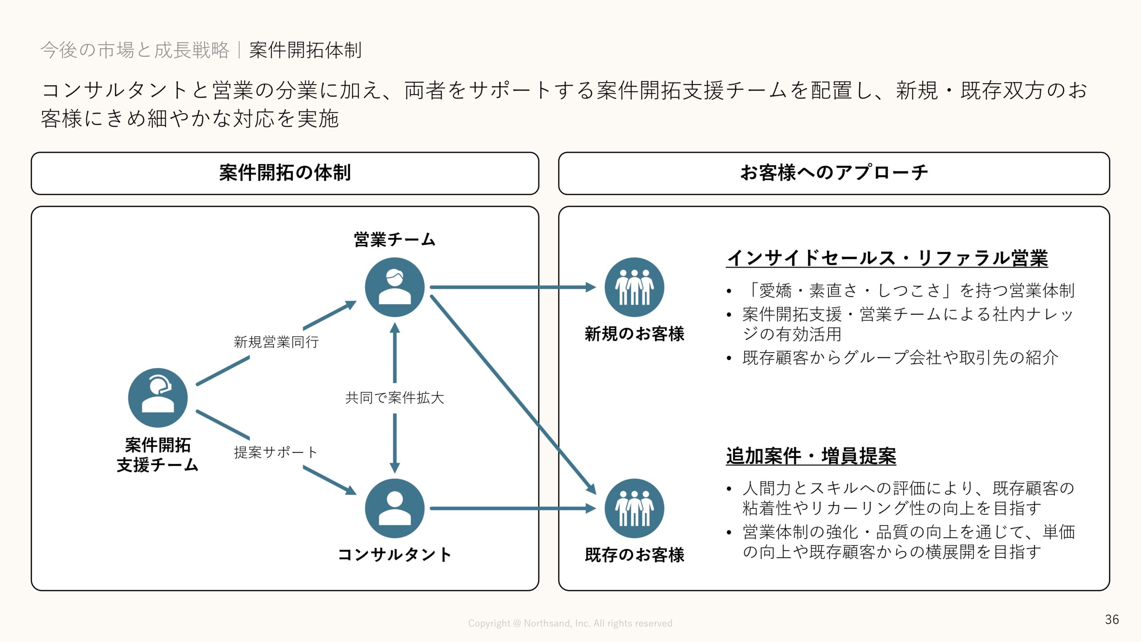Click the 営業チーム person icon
pos(394,287)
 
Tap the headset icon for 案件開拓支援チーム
pos(158,397)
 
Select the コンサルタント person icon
pos(394,508)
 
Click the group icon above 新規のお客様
pos(634,287)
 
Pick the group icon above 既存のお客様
pos(634,508)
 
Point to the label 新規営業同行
pos(276,342)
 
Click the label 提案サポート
pos(275,452)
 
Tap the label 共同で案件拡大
pos(394,397)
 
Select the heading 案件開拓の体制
pos(285,173)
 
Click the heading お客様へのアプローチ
pos(834,173)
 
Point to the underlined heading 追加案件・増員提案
pos(811,456)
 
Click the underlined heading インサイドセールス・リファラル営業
pos(887,258)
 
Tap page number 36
pos(1112,619)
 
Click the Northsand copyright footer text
pos(570,623)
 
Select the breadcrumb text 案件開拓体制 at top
pos(305,50)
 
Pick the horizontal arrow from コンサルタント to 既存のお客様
pos(513,508)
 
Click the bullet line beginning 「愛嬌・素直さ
pos(909,291)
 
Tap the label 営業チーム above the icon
pos(394,240)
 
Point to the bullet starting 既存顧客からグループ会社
pos(900,358)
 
